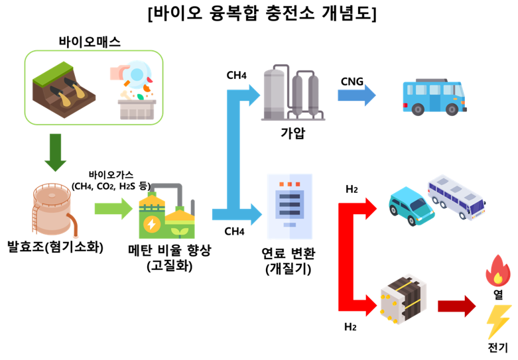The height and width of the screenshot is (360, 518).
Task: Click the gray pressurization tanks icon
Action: coord(291,92)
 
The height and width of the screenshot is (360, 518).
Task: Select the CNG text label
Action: coord(352,81)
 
